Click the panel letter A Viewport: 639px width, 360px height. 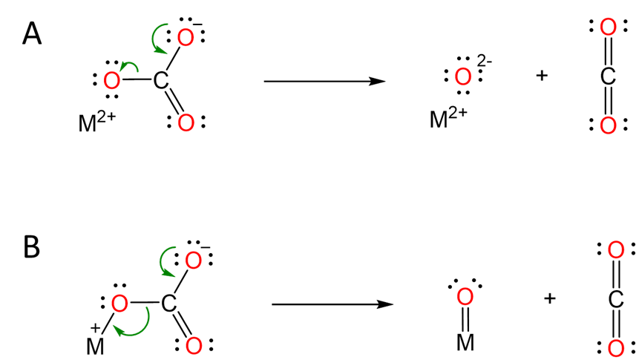pos(32,33)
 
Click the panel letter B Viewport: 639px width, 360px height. pos(31,247)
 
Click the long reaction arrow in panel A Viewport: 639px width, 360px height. pos(324,80)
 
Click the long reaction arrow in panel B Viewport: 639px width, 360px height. pos(332,304)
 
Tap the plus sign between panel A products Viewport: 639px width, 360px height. pos(542,75)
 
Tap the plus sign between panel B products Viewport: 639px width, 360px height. pos(549,298)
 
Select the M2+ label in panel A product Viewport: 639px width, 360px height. pos(448,118)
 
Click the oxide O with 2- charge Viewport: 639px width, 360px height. pos(462,76)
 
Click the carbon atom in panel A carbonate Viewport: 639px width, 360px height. pos(161,80)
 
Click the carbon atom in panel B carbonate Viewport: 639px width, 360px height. pos(169,304)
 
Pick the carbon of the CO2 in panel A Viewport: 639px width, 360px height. pos(608,76)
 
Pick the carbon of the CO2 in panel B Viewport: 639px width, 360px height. pos(615,299)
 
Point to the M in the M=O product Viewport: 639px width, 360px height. pos(465,342)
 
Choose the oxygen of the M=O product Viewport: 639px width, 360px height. pos(465,297)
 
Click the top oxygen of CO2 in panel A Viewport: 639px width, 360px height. pos(608,28)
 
